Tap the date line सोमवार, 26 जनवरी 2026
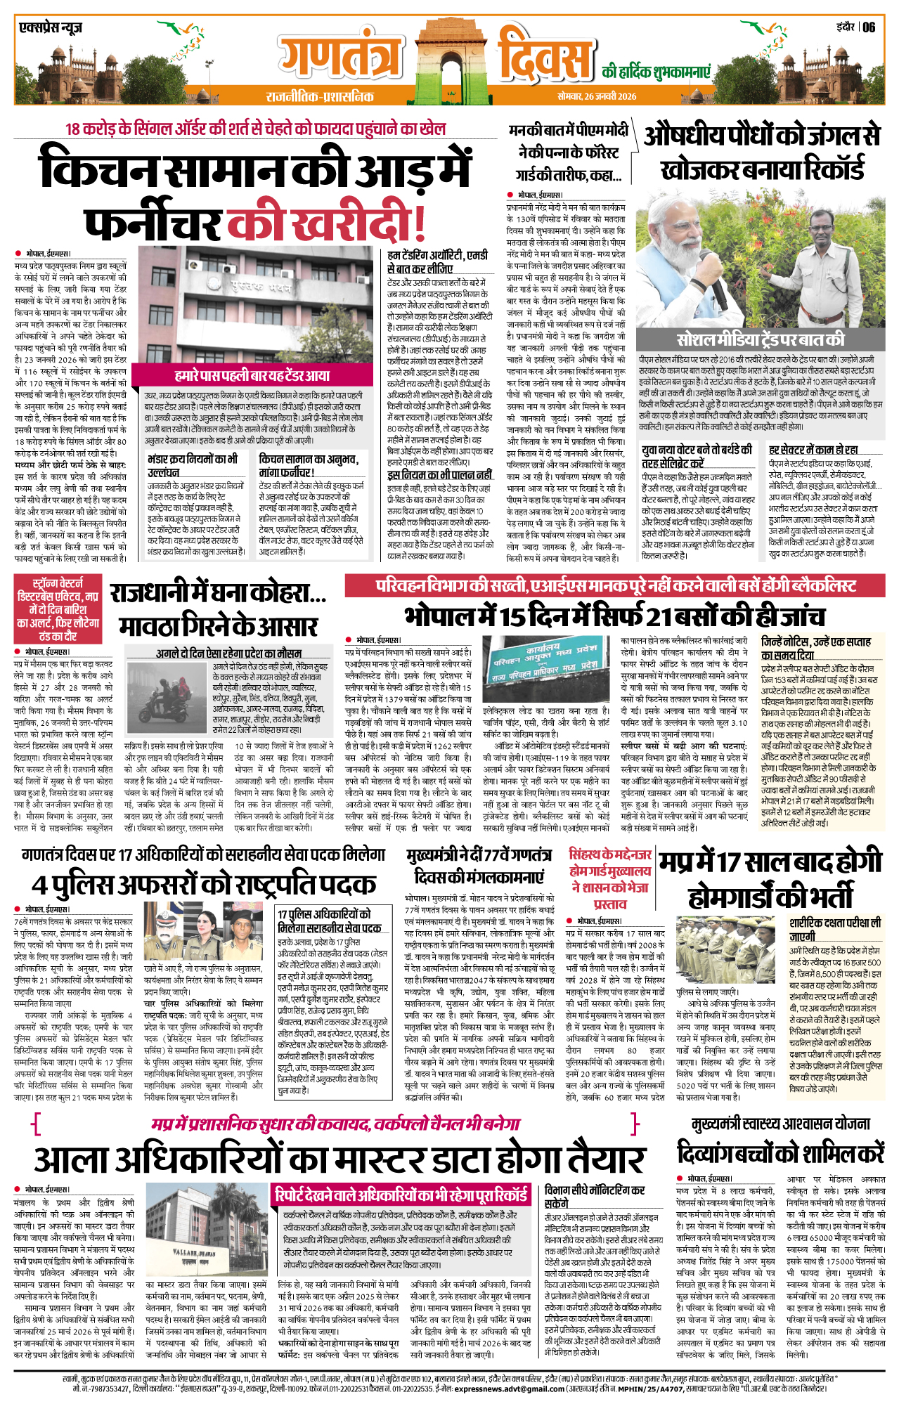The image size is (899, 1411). (597, 96)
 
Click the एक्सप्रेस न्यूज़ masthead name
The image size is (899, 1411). (51, 28)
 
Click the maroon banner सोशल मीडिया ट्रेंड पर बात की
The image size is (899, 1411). (760, 340)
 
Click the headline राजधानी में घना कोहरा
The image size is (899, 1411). (218, 594)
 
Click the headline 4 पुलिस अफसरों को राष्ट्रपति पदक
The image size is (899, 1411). (204, 885)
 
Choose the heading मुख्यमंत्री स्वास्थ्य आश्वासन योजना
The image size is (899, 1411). (780, 1123)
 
